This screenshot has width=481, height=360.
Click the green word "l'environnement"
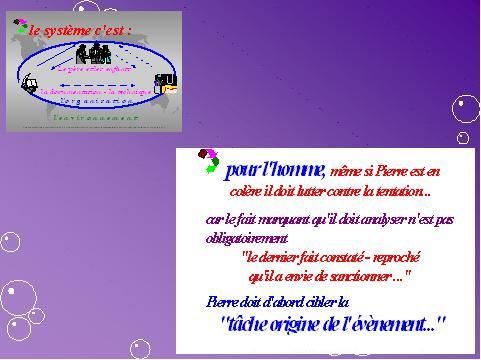tap(96, 117)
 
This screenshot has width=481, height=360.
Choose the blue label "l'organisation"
tap(95, 102)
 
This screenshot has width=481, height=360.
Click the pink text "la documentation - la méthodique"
tap(96, 91)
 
